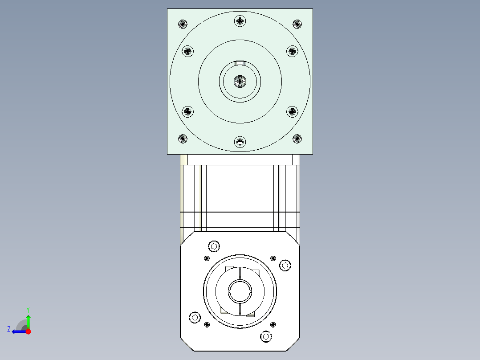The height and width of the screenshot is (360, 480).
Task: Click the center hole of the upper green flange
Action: (240, 81)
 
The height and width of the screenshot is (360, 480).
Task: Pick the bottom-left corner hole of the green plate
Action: (183, 139)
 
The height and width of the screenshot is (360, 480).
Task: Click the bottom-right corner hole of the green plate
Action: (297, 139)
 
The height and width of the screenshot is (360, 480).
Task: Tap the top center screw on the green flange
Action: (240, 20)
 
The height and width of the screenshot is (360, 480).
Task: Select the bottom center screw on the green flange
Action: (240, 142)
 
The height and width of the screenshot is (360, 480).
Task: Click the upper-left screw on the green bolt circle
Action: (188, 51)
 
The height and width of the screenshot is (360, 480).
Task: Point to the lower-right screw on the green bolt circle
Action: (292, 111)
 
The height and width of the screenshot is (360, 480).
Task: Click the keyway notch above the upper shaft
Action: (240, 62)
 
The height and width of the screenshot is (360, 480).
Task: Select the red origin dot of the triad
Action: (28, 331)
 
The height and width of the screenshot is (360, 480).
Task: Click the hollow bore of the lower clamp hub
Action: (240, 292)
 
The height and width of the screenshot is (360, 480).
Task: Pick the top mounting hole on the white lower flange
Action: (214, 246)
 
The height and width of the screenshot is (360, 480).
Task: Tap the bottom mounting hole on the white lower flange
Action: (266, 336)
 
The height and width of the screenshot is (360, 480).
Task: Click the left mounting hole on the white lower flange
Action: (195, 317)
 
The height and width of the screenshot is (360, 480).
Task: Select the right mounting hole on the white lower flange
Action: (285, 266)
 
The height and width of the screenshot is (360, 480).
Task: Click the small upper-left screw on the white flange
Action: (207, 258)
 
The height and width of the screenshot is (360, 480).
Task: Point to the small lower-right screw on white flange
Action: (273, 324)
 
